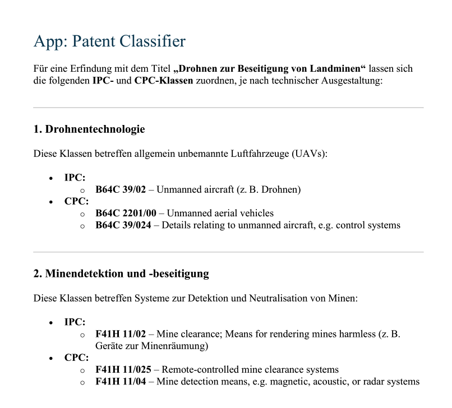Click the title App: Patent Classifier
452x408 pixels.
click(109, 41)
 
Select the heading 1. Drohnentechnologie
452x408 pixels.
click(89, 129)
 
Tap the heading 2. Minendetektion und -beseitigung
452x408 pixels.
click(121, 273)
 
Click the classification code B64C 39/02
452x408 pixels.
click(121, 189)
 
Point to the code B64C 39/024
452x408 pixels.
click(123, 225)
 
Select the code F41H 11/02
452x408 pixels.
click(121, 334)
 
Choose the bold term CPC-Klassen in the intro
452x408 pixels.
click(164, 81)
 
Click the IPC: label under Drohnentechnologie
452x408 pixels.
click(75, 178)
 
